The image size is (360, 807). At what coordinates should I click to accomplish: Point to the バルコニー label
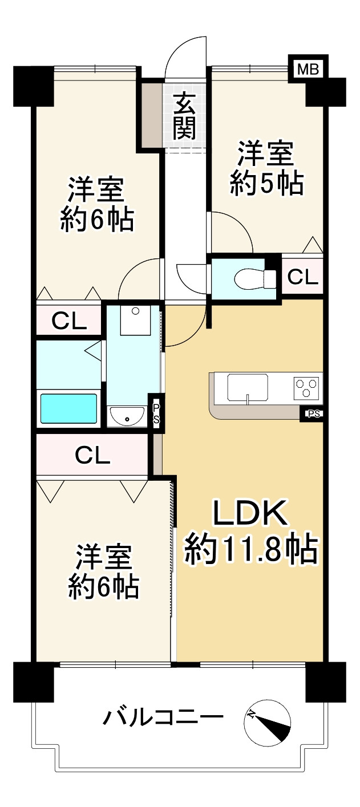click(163, 716)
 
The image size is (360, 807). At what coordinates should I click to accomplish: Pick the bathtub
click(68, 408)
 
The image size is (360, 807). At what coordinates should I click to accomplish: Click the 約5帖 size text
click(266, 184)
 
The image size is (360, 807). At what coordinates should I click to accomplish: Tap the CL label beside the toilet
click(302, 277)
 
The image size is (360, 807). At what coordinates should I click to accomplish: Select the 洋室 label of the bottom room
click(104, 557)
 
